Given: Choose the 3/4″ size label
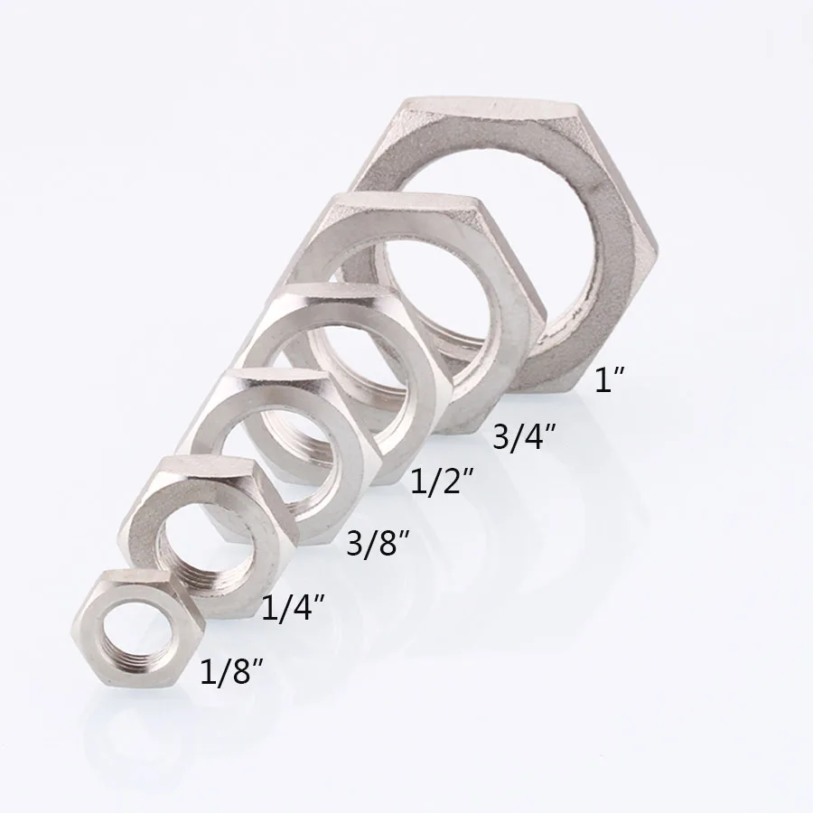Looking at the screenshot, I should tap(523, 436).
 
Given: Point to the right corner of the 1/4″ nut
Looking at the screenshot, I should tap(298, 547).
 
